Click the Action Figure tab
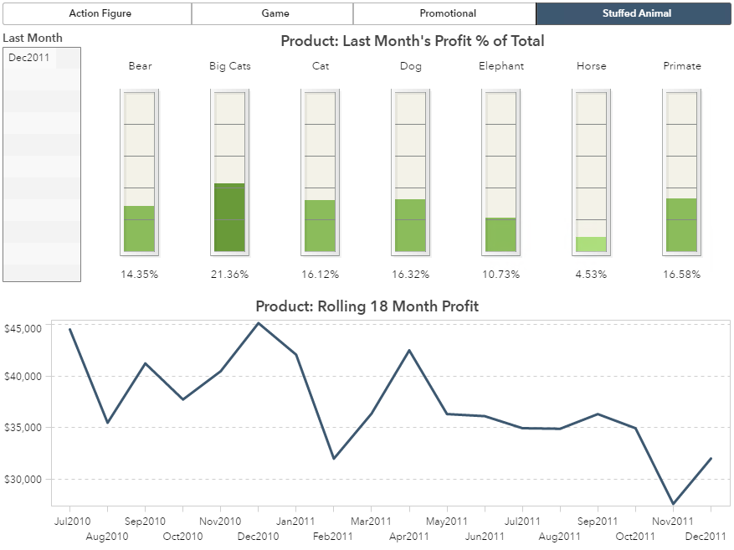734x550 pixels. (100, 13)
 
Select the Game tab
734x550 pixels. (275, 13)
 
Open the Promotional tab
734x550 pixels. (448, 13)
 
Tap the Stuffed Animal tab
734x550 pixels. (636, 13)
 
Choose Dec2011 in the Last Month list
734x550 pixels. (30, 58)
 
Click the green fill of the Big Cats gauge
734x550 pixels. (229, 218)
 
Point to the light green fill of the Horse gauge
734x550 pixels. (591, 244)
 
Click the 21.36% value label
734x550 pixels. (230, 275)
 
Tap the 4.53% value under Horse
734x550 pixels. (592, 275)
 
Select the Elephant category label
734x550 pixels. (501, 66)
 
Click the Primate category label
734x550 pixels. (682, 66)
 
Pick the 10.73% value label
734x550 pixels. (501, 275)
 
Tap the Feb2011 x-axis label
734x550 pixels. (332, 537)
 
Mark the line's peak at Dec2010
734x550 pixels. (258, 323)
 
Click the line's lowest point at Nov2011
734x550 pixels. (673, 504)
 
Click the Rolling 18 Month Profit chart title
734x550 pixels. (367, 306)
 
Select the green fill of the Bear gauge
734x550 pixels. (139, 229)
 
